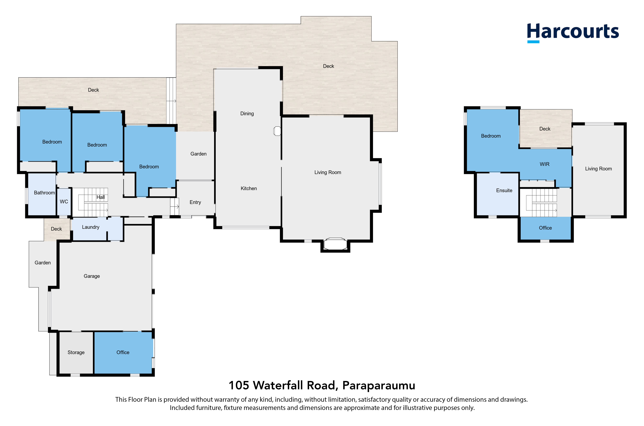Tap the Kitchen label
249,188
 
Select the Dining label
247,114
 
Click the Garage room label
92,276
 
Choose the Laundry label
91,227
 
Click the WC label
64,202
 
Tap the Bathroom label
44,193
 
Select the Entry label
195,202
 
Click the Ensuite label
504,190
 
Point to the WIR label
544,164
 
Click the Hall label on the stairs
101,197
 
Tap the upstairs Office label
545,228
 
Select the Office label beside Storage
123,352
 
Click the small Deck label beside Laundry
56,229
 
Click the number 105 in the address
239,386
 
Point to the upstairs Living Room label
598,169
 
